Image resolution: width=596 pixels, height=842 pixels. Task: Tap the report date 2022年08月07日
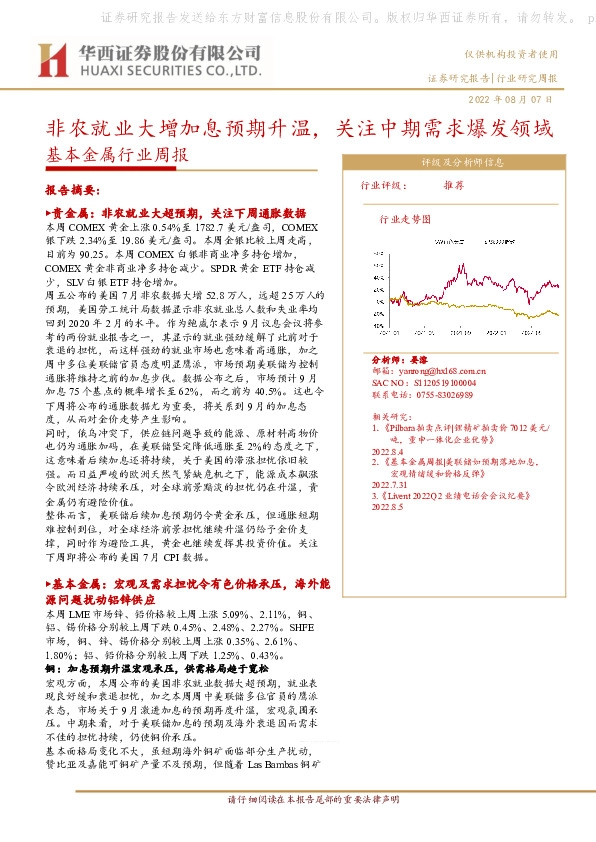point(510,101)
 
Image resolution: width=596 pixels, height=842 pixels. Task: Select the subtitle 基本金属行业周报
point(117,156)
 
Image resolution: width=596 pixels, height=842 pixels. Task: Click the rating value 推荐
point(482,186)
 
